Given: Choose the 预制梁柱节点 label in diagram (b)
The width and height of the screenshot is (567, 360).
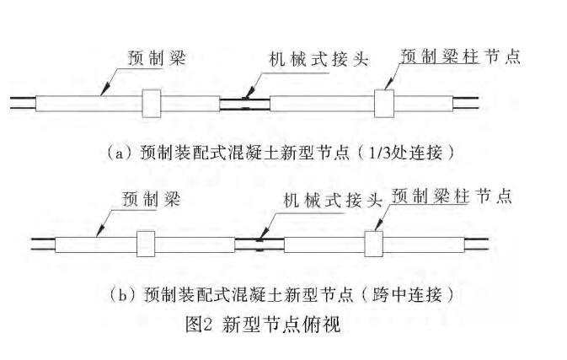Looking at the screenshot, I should point(452,196).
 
